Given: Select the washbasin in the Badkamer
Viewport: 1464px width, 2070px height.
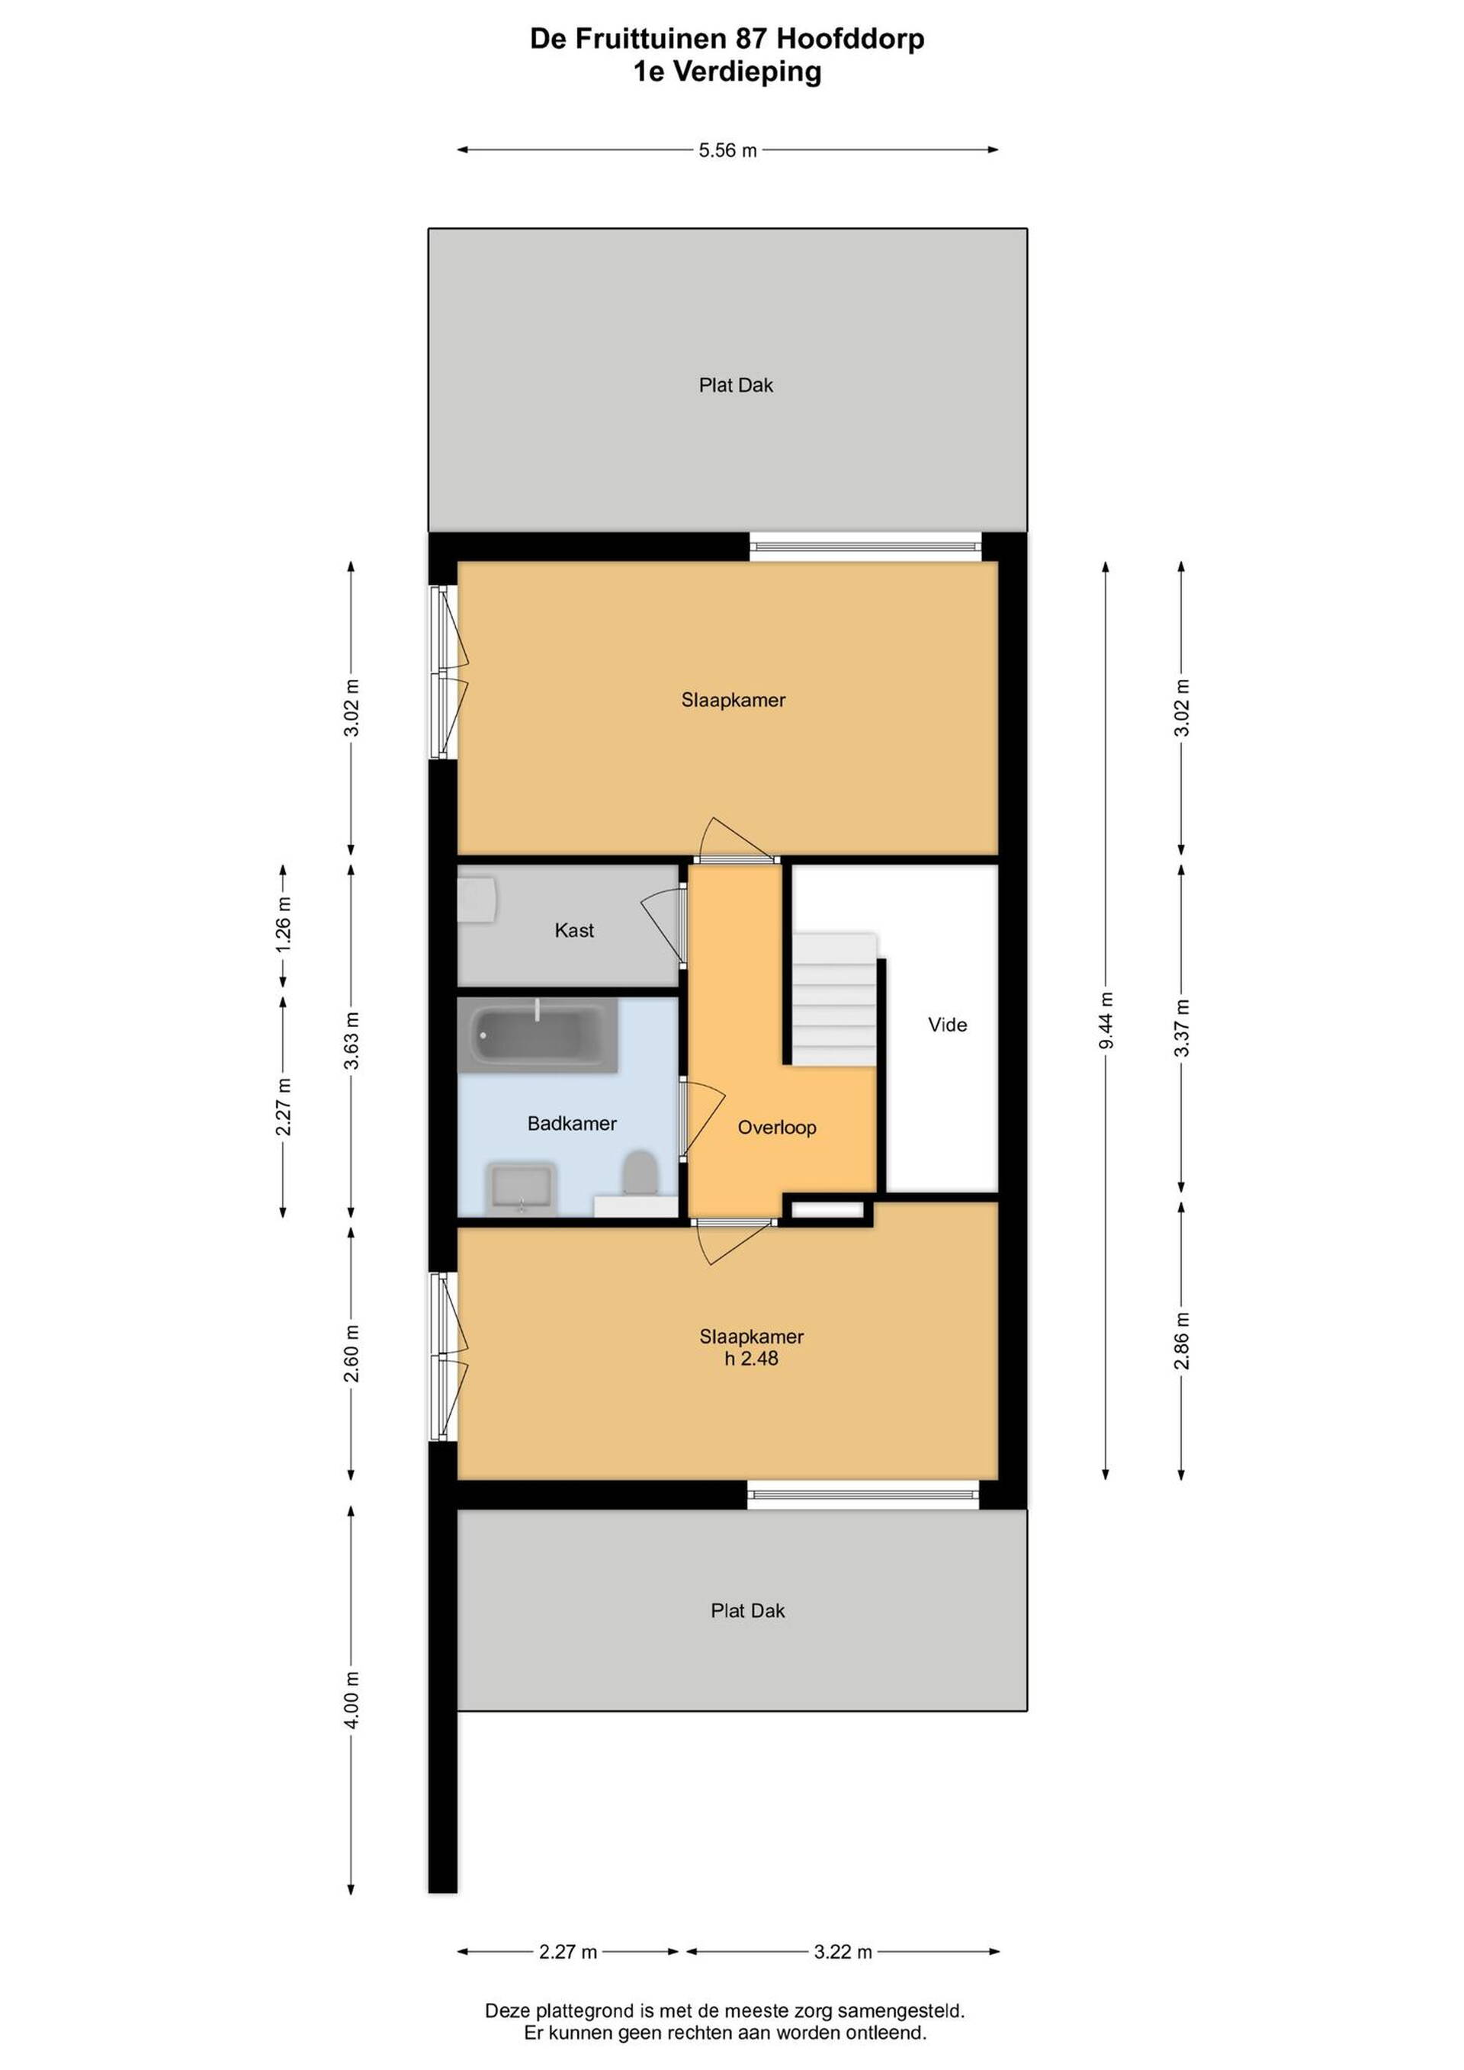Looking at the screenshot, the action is click(x=521, y=1189).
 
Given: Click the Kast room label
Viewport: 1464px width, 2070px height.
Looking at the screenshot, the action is click(x=574, y=930).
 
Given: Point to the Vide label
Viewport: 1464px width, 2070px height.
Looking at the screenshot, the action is click(x=948, y=1024).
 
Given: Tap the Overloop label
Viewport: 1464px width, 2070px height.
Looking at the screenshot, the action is click(x=777, y=1127).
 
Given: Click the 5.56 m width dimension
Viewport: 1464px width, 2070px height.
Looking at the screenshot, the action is click(x=727, y=150).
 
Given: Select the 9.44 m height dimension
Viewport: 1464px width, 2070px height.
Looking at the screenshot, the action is click(x=1107, y=1019).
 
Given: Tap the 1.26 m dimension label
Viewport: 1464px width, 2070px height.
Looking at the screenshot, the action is click(x=283, y=923).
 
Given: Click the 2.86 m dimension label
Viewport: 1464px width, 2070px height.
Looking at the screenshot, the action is click(x=1183, y=1340).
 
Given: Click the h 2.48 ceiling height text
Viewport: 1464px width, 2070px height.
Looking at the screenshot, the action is click(x=751, y=1358).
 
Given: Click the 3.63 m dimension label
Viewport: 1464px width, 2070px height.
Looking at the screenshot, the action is click(x=352, y=1041).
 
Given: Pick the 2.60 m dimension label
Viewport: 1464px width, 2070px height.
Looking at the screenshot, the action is click(x=352, y=1353).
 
